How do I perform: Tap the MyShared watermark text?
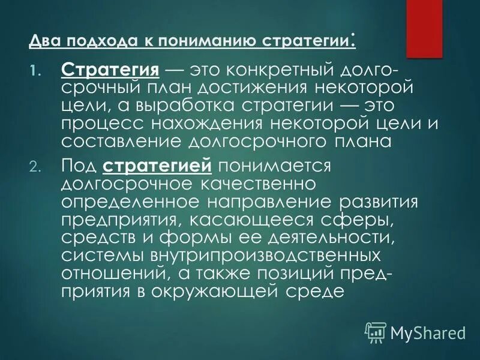pos(428,332)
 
